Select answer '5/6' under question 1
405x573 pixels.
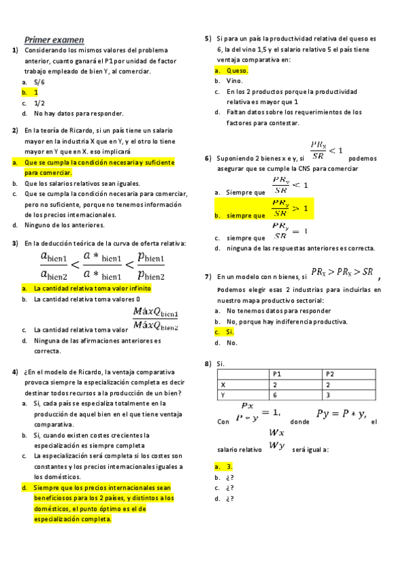click(x=39, y=81)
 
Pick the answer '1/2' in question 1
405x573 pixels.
click(x=39, y=103)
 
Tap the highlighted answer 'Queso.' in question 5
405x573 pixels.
click(x=237, y=70)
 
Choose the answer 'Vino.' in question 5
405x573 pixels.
click(x=235, y=81)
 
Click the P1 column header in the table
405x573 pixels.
click(x=277, y=374)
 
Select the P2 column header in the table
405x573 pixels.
click(x=331, y=374)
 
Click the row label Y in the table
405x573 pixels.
click(x=223, y=395)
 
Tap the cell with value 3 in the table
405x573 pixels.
click(x=328, y=395)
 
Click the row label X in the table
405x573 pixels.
click(x=223, y=384)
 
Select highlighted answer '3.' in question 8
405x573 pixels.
click(x=231, y=467)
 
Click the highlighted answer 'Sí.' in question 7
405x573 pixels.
click(x=231, y=332)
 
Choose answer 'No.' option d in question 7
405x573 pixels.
click(x=232, y=343)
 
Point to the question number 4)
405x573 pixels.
click(x=15, y=372)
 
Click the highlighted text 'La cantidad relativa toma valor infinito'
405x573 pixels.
click(x=93, y=288)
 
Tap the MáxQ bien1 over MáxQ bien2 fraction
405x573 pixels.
click(x=156, y=318)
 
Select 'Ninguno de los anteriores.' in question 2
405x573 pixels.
click(x=65, y=225)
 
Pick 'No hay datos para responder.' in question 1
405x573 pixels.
click(x=78, y=114)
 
